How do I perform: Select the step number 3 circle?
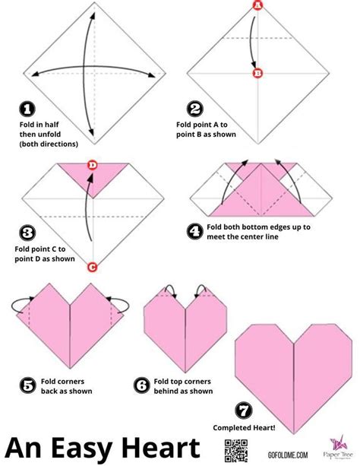[27, 233]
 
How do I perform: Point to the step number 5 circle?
[27, 385]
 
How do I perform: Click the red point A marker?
[257, 7]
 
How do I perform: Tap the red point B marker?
[257, 74]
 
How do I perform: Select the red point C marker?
[92, 266]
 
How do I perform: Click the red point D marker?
[92, 165]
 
